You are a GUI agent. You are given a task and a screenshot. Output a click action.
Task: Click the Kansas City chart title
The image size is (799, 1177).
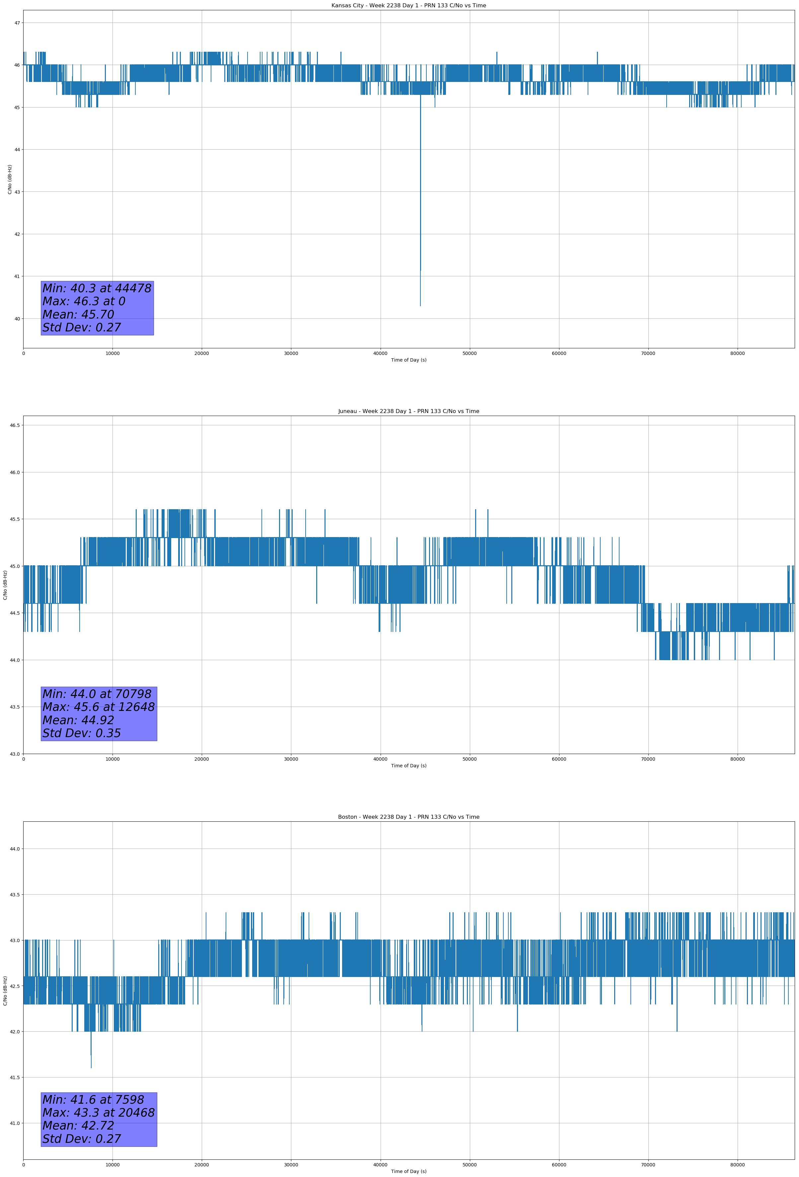(x=408, y=6)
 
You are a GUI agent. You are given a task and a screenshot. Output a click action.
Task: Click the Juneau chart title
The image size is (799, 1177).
(x=408, y=411)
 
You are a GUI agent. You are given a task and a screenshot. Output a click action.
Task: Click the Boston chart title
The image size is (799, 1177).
(x=408, y=817)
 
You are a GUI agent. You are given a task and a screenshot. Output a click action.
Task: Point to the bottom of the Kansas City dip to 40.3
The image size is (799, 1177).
(x=420, y=305)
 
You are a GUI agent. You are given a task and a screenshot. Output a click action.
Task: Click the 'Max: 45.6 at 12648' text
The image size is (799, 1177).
(x=98, y=707)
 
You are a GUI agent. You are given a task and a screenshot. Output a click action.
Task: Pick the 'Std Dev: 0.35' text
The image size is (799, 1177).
(x=82, y=733)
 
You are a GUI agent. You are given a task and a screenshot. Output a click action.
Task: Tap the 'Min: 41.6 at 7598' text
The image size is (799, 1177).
(x=93, y=1099)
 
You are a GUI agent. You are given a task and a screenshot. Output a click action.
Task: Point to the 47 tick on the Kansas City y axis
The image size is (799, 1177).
(x=17, y=23)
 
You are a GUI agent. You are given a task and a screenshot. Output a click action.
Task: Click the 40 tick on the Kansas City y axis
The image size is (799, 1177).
(x=17, y=318)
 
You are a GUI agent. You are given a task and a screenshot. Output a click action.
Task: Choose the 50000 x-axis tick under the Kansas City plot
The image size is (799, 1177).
(x=470, y=354)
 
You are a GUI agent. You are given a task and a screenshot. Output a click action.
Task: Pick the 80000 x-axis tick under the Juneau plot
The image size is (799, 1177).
(x=737, y=759)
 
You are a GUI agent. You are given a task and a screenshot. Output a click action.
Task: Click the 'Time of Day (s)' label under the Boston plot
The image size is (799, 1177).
(x=408, y=1171)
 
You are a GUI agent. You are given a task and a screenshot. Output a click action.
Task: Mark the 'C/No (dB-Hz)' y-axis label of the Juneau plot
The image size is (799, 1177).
(x=5, y=585)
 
